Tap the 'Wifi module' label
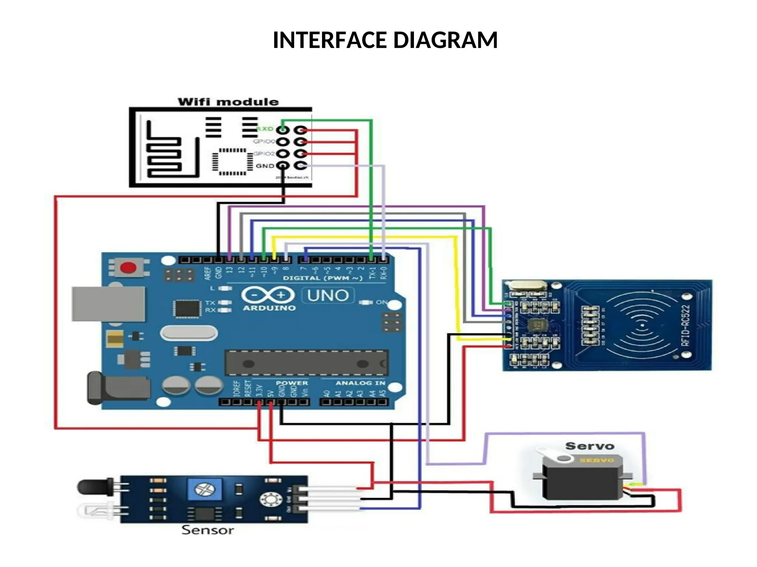(228, 102)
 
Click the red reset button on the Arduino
(128, 268)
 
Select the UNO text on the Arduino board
(328, 295)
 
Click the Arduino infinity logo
(268, 295)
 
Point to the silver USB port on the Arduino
(108, 304)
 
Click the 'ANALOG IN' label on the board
(360, 383)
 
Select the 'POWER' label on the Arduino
(292, 383)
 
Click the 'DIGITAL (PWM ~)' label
(322, 278)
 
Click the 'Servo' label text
(590, 446)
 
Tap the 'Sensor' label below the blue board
(207, 530)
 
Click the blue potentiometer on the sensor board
(205, 489)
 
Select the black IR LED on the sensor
(95, 487)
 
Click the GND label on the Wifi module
(265, 166)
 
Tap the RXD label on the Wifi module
(265, 129)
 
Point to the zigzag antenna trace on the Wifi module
(164, 155)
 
